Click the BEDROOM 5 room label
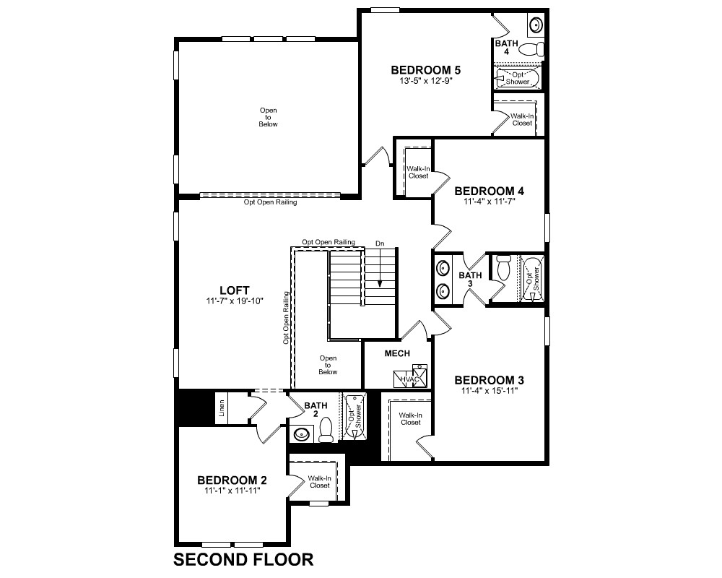[425, 70]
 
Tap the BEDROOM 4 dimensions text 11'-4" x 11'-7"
[489, 202]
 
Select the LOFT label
[235, 290]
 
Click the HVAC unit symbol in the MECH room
[410, 377]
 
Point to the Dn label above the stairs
[380, 243]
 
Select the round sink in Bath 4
[535, 24]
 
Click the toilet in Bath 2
[326, 428]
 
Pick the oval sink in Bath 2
[302, 434]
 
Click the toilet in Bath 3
[504, 267]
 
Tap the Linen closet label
[222, 408]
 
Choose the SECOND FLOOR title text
[243, 559]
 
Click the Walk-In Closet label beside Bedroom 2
[320, 482]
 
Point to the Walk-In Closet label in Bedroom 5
[522, 120]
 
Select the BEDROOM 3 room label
[489, 380]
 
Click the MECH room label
[397, 353]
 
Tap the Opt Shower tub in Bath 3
[532, 279]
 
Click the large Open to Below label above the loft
[269, 117]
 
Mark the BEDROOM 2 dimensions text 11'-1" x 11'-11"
[232, 491]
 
